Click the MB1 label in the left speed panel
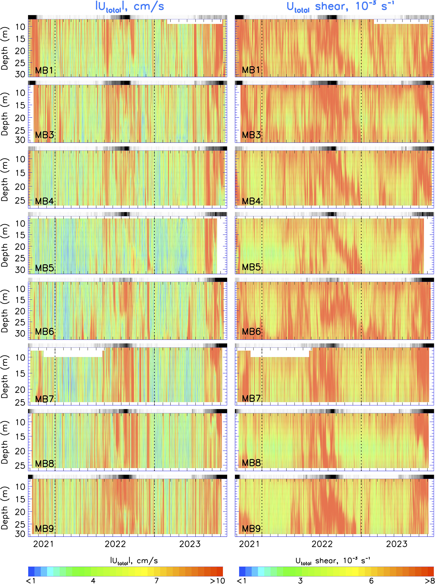(x=44, y=70)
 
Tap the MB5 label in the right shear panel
(x=251, y=267)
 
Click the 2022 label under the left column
(x=115, y=544)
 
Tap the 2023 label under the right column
(x=396, y=544)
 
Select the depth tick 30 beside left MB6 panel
(x=20, y=333)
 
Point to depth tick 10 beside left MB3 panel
(x=20, y=93)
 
